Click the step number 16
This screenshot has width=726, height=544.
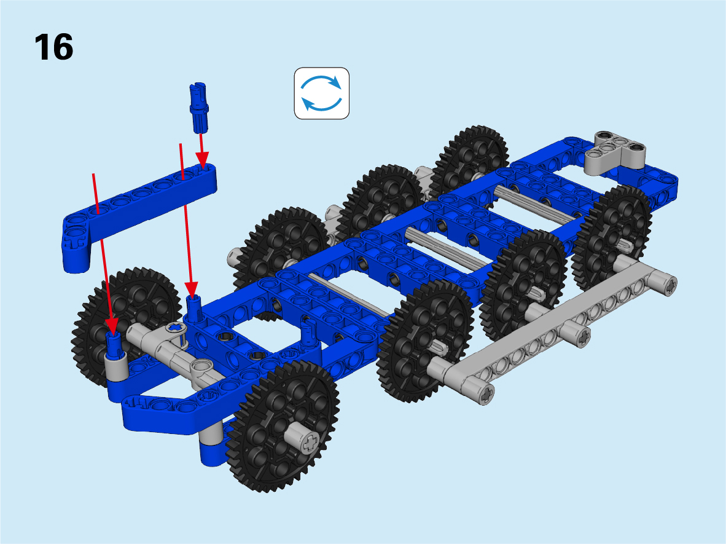pos(53,47)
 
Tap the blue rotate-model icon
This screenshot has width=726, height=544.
pos(321,93)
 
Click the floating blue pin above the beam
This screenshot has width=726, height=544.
pos(198,108)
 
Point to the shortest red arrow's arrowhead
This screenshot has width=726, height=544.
pos(202,160)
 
